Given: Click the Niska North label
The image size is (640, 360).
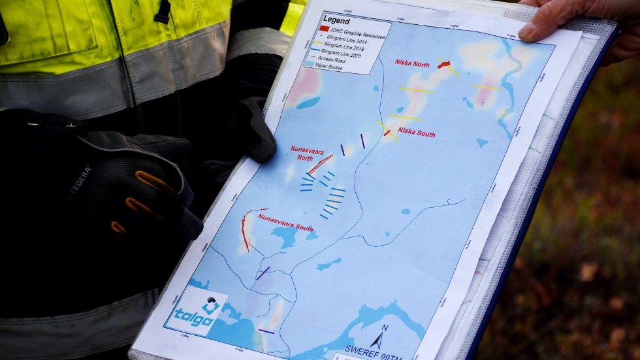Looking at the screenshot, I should click(x=412, y=63).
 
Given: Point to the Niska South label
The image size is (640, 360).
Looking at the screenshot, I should click(x=416, y=133).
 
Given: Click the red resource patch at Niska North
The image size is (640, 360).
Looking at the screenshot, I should click(x=444, y=65).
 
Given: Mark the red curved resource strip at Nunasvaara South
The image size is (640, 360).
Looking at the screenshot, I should click(x=244, y=229).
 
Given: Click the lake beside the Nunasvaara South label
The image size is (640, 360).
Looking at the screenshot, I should click(x=285, y=237).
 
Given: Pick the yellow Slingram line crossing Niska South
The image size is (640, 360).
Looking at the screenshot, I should click(x=388, y=130).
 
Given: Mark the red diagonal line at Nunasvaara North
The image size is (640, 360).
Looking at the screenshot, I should click(x=320, y=165).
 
